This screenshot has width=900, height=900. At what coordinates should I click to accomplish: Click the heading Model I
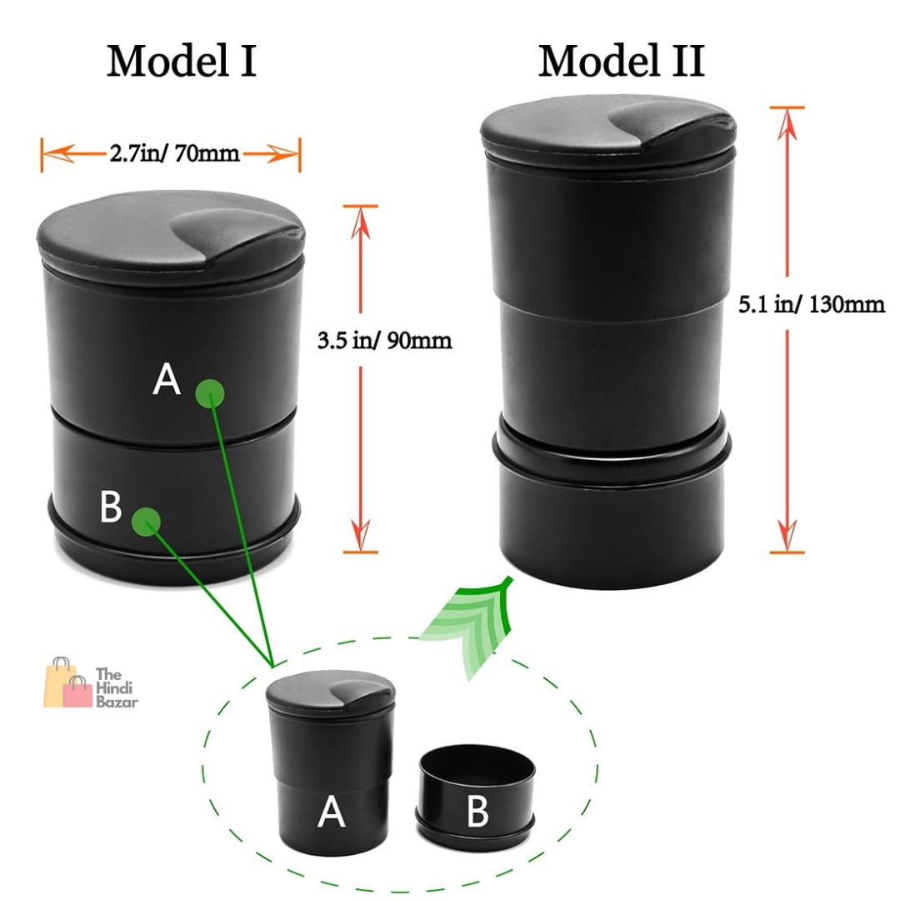click(182, 61)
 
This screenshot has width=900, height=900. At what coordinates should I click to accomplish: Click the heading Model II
click(621, 61)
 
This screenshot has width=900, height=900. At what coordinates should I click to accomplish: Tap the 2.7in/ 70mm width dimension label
click(174, 153)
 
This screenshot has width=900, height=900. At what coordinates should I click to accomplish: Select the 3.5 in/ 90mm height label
click(384, 340)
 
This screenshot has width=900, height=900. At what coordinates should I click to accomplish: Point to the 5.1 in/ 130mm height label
click(812, 304)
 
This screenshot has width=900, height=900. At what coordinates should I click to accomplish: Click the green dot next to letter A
click(209, 393)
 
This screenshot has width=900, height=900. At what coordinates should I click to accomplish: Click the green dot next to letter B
click(146, 522)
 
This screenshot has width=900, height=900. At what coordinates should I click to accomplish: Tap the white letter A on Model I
click(167, 378)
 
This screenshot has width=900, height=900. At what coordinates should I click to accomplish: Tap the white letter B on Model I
click(111, 506)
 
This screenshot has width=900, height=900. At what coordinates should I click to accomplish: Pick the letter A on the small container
click(331, 812)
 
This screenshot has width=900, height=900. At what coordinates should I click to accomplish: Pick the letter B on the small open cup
click(478, 811)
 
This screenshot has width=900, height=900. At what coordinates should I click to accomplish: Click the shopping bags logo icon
click(67, 683)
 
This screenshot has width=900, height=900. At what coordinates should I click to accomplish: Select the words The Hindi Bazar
click(117, 687)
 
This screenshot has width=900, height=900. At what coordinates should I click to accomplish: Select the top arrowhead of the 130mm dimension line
click(787, 125)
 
